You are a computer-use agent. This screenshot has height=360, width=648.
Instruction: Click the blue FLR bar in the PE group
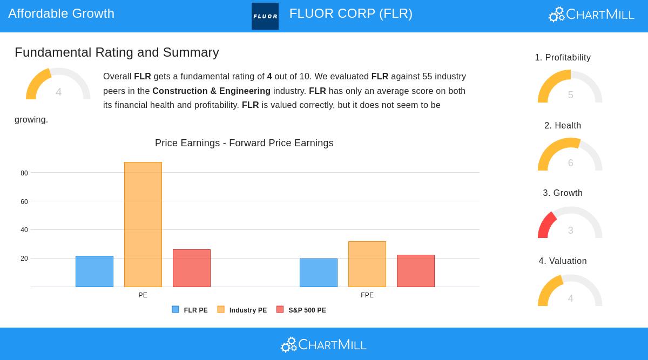tap(94, 271)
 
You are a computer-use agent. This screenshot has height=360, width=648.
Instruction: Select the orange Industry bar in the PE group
tap(143, 225)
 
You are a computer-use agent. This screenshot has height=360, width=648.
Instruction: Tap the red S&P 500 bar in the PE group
tap(192, 268)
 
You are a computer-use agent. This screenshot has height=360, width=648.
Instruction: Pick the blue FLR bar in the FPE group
tap(319, 273)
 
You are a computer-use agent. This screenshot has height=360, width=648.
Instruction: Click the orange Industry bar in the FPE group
tap(367, 264)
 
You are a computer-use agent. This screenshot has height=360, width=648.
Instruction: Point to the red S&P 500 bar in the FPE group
tap(416, 271)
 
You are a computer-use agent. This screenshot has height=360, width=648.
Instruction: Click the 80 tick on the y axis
tap(24, 173)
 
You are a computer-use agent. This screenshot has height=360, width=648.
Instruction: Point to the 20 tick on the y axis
tap(24, 259)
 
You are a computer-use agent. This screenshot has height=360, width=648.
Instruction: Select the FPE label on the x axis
tap(367, 295)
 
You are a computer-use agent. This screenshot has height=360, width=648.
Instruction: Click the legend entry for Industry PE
tap(242, 310)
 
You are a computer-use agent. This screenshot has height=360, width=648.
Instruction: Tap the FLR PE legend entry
tap(190, 310)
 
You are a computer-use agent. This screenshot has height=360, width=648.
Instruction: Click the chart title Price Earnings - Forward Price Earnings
tap(244, 143)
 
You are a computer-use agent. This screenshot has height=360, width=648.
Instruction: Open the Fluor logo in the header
tap(265, 16)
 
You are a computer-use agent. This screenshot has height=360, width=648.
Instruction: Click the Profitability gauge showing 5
tap(570, 87)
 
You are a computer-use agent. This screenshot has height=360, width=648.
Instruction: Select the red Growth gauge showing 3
tap(570, 223)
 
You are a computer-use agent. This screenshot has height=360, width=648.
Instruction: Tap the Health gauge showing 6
tap(570, 155)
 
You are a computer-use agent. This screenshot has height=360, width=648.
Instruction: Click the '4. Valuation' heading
tap(563, 261)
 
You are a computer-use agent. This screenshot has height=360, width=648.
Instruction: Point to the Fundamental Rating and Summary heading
tap(117, 52)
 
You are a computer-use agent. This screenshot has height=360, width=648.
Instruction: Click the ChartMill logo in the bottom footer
tap(323, 344)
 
